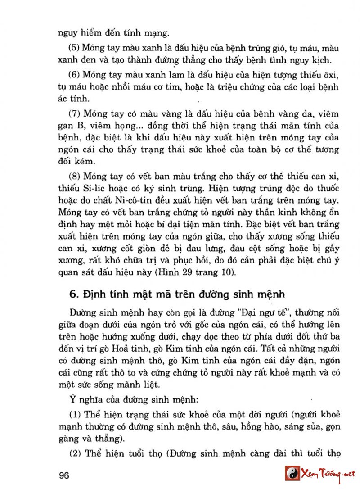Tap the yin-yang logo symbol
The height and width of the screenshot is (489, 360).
(292, 473)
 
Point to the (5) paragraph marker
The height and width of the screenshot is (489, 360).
(74, 48)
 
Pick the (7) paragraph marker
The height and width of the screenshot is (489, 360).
(74, 114)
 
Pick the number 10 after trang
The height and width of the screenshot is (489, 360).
(227, 272)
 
